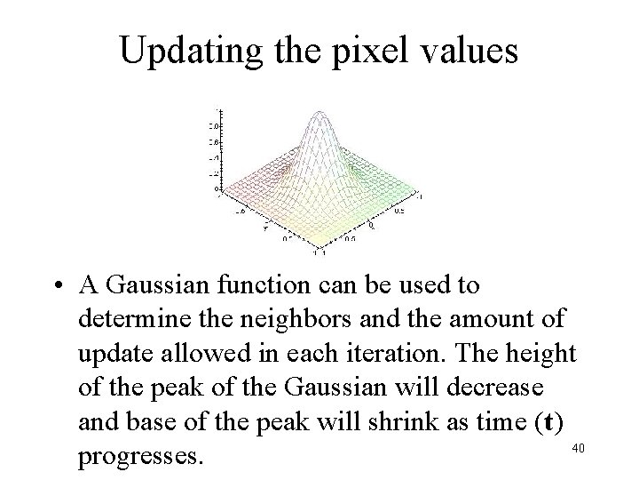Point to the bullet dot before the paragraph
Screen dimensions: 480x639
click(56, 287)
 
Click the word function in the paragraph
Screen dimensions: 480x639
click(277, 286)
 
